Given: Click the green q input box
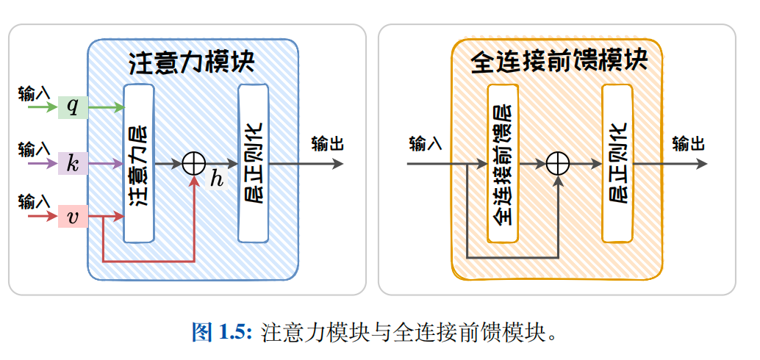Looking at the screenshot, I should click(x=73, y=107).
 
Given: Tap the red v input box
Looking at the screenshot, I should click(x=73, y=217).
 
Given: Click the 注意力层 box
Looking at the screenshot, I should click(x=139, y=163).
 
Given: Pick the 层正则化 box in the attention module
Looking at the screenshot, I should click(x=254, y=163).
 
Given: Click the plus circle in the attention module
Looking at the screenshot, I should click(x=194, y=162).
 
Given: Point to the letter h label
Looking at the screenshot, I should click(x=216, y=179).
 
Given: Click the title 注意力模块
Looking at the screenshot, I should click(x=191, y=62).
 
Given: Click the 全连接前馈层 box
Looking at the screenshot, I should click(x=503, y=163).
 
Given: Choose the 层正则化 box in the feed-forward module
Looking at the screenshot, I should click(x=617, y=163).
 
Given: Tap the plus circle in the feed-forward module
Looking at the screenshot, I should click(x=559, y=162).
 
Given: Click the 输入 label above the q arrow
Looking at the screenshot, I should click(x=34, y=93).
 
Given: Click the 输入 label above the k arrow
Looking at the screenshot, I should click(x=34, y=149).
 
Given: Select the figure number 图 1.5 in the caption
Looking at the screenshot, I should click(x=222, y=332).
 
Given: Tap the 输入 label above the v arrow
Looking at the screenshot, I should click(x=34, y=201).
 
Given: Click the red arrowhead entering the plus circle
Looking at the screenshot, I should click(x=194, y=180).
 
